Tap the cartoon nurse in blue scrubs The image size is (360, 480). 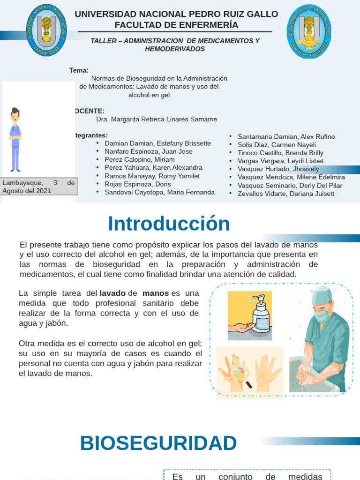click(15, 139)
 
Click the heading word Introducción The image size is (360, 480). click(169, 224)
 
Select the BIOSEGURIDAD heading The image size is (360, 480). click(158, 443)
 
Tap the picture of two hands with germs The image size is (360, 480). click(250, 373)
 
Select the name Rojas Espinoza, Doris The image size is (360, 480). click(132, 184)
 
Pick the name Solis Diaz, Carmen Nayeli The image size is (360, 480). click(277, 144)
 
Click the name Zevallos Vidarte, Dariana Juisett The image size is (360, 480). click(286, 193)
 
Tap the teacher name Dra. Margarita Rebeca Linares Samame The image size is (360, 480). click(157, 119)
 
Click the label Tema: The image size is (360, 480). click(79, 70)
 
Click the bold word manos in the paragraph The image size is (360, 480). click(156, 293)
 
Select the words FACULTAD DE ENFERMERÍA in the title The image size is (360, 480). click(176, 25)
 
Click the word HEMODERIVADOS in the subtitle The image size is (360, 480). click(175, 49)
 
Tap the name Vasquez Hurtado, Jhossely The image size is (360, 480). click(278, 169)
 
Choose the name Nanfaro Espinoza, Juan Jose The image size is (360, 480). click(149, 151)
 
